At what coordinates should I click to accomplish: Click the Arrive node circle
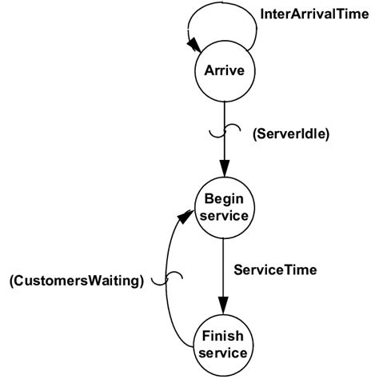[224, 72]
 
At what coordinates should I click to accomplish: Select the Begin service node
[224, 207]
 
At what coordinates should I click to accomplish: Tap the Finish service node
[224, 344]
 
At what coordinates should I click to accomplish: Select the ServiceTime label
[275, 270]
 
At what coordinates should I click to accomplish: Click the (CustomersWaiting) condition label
[76, 280]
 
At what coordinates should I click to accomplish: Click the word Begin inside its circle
[224, 199]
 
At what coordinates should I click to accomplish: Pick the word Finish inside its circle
[224, 336]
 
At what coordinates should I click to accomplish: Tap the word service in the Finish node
[224, 352]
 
